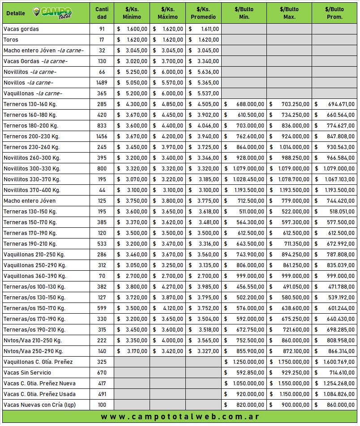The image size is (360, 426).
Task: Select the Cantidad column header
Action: (102, 13)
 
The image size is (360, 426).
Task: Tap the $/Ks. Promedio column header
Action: (203, 13)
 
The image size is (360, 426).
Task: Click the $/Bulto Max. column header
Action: (289, 13)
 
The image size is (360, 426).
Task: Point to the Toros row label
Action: (11, 40)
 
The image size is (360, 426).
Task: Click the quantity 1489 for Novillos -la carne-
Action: (102, 83)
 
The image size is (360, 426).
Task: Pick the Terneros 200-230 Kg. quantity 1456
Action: (102, 136)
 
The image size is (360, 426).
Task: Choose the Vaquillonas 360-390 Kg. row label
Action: (34, 276)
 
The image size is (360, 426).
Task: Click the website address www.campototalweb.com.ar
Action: (180, 417)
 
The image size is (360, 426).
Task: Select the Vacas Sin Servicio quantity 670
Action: (102, 373)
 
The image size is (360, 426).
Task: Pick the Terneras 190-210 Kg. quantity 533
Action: (102, 244)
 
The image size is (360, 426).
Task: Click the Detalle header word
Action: (16, 13)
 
